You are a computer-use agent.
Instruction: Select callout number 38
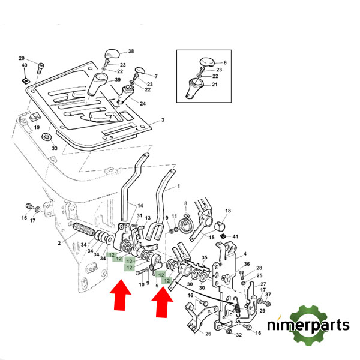click(131, 52)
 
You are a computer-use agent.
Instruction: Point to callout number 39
click(118, 80)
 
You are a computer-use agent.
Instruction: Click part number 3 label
click(162, 121)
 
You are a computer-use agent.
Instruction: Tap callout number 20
click(22, 58)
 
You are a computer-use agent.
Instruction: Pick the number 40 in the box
click(25, 65)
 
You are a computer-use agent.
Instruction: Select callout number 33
click(54, 148)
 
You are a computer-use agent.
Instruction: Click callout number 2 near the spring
click(59, 243)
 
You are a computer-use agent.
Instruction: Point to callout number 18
click(228, 211)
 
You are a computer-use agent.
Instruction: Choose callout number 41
click(235, 236)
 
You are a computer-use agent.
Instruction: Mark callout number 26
click(208, 334)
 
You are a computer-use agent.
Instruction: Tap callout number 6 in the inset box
click(224, 62)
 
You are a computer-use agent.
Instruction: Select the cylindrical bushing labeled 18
click(220, 226)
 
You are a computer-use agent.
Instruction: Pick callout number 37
click(268, 295)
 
